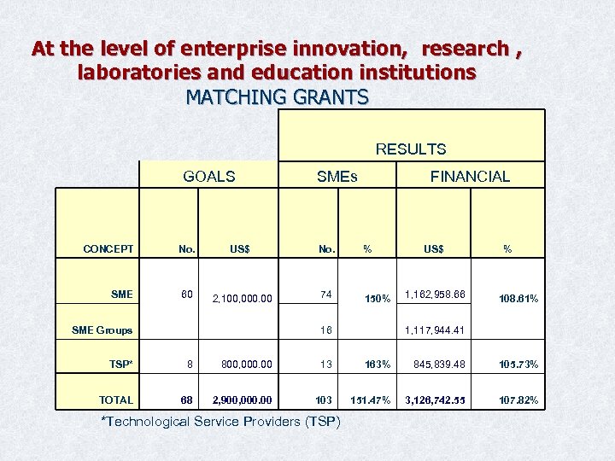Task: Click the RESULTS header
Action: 411,149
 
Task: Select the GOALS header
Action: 209,177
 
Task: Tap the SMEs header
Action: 337,177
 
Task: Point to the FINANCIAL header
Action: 470,177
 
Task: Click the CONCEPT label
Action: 108,249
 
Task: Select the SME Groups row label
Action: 102,330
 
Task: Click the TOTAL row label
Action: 116,400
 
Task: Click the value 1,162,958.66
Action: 436,294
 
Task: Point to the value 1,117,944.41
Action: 436,330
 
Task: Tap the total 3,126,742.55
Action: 436,400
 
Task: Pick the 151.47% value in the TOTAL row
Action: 371,400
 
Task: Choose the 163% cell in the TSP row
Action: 377,364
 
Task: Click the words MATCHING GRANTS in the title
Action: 277,96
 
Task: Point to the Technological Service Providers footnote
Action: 220,422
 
